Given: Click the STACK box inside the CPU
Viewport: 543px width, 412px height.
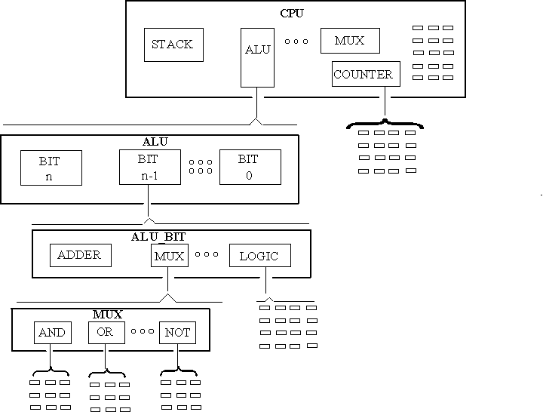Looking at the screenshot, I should tap(173, 45).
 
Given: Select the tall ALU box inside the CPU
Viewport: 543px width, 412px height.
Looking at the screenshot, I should tap(257, 57).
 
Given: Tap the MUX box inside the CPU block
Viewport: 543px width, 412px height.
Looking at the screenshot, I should tap(349, 40).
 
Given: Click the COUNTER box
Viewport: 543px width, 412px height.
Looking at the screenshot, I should tap(364, 74).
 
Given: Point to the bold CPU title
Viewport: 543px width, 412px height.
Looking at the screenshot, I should tap(292, 13).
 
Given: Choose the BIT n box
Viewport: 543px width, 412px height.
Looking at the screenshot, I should tap(50, 168).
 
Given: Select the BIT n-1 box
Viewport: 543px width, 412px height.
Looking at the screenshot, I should tap(149, 168).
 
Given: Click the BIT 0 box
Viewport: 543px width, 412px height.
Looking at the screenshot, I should tap(250, 167).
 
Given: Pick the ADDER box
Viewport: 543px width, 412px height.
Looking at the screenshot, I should tap(80, 255).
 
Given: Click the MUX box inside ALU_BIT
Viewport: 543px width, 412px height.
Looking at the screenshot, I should tap(168, 256).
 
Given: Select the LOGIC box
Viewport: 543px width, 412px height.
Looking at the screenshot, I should tap(259, 256).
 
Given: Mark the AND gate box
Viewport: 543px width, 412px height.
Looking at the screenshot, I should tap(52, 332).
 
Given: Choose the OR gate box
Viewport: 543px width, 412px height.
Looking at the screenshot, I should tap(106, 332).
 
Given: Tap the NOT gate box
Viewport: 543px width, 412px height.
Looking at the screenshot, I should tap(177, 332).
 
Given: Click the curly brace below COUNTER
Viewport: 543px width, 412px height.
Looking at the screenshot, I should tap(385, 123).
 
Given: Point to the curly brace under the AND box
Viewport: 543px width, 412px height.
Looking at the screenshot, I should tap(50, 372).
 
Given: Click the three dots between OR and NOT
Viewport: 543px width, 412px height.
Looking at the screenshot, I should tap(142, 331).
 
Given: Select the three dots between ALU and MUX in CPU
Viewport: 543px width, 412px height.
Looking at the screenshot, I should tap(296, 41).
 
